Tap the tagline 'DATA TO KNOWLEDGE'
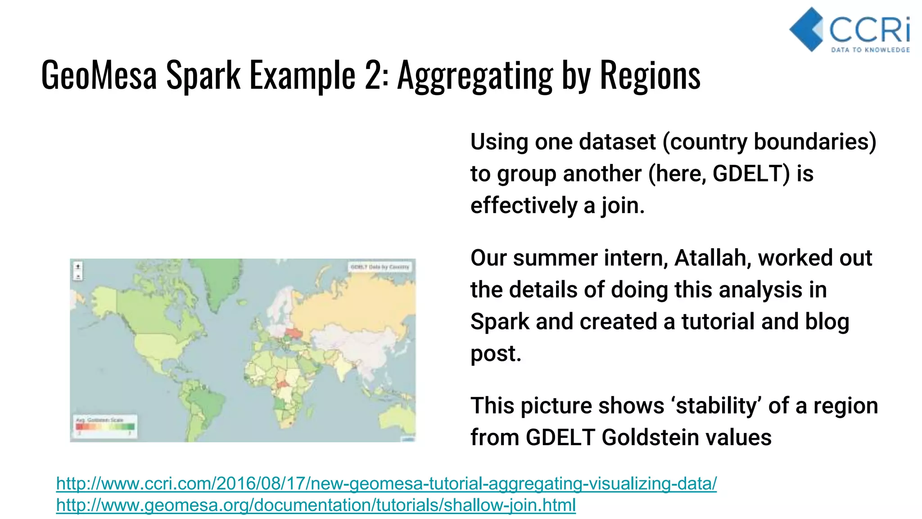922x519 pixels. pos(870,50)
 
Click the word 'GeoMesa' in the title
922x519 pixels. pos(99,75)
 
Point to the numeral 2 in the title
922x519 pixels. pos(373,75)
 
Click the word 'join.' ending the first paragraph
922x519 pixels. pos(623,206)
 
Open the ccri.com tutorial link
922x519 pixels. pos(386,483)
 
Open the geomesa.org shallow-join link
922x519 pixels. pos(316,505)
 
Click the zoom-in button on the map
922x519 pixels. pos(78,267)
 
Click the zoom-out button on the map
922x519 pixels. pos(78,276)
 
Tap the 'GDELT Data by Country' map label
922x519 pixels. pos(380,267)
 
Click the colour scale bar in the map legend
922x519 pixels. pos(105,427)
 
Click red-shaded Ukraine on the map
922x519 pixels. pos(294,333)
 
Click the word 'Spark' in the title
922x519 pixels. pos(203,75)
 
